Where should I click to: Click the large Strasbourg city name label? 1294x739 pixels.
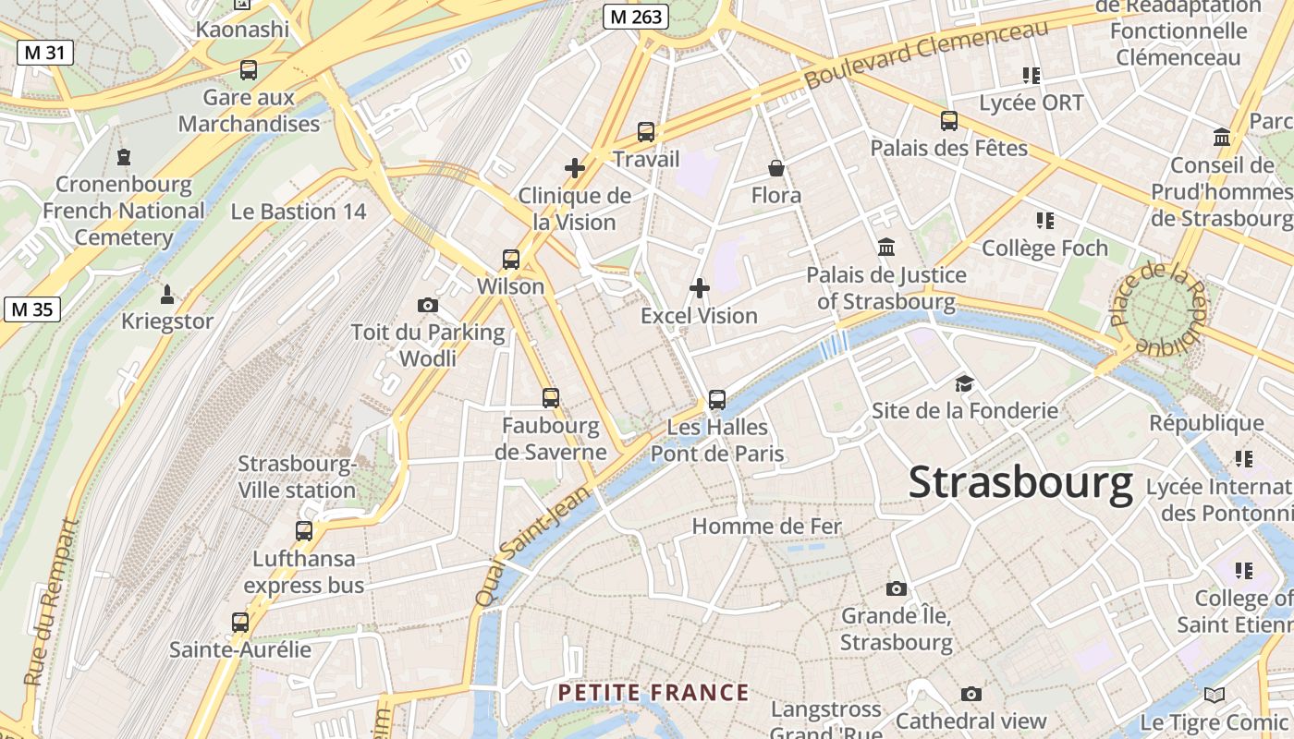coord(1020,483)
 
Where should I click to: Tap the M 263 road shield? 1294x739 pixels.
coord(636,17)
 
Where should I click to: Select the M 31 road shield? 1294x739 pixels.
coord(44,53)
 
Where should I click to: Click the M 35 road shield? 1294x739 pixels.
coord(31,309)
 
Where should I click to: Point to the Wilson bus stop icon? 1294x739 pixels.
coord(511,260)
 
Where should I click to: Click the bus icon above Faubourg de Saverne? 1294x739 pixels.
coord(551,398)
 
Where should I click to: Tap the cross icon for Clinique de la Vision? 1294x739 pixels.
coord(575,168)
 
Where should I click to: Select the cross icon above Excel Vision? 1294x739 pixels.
coord(700,288)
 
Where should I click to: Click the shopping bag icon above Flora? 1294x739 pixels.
coord(776,168)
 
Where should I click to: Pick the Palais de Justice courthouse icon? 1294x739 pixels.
coord(886,248)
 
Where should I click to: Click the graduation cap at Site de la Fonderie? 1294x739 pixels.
coord(964,383)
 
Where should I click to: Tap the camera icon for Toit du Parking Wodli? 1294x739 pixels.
coord(428,305)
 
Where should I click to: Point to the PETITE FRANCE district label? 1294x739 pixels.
coord(653,693)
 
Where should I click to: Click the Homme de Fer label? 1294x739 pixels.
coord(766,527)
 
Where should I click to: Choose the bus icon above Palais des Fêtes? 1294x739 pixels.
coord(949,121)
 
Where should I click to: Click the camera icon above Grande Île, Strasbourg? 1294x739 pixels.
coord(896,588)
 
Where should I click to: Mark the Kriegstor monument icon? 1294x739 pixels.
coord(167,295)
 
